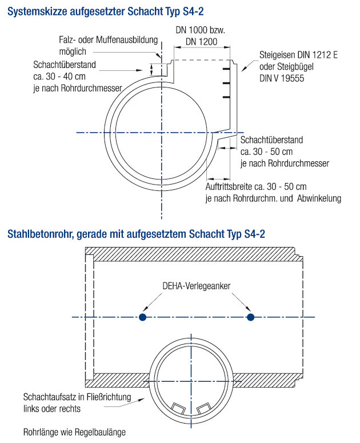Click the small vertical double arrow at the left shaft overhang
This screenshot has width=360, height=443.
click(x=151, y=69)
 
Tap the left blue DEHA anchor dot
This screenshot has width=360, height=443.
click(x=142, y=317)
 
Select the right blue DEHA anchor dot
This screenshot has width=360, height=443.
click(x=250, y=317)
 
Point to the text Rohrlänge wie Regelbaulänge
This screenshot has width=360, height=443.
click(x=74, y=432)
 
